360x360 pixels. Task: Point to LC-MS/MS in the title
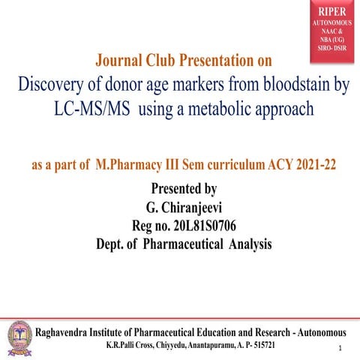point(87,109)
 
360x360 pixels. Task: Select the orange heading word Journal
point(123,59)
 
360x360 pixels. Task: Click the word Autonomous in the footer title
point(314,331)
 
